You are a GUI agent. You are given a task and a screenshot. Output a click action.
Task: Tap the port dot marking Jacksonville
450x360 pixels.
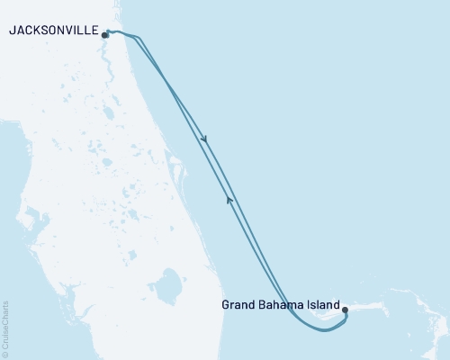[x=105, y=36]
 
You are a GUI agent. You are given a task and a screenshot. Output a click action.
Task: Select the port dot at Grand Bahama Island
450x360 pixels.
[x=345, y=310]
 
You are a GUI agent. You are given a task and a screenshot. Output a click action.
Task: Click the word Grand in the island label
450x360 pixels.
[x=239, y=305]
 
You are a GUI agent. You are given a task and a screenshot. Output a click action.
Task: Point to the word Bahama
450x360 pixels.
[x=283, y=305]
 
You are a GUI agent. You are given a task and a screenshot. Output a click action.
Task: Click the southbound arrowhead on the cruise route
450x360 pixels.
[x=206, y=139]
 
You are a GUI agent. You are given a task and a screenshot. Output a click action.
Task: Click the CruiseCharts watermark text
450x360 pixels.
[x=5, y=323]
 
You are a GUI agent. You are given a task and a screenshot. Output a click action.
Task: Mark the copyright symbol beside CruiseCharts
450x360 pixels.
[x=5, y=354]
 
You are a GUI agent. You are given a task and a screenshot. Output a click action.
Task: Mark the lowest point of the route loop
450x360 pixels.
[x=326, y=330]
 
